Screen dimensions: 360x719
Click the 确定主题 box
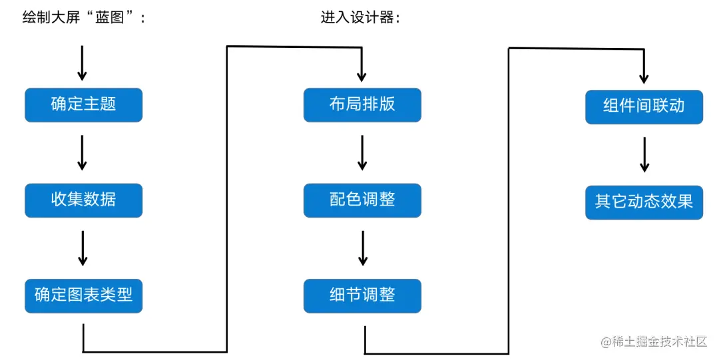click(83, 104)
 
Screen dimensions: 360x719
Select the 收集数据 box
click(83, 200)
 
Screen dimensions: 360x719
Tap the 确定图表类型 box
click(83, 295)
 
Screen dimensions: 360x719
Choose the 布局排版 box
click(362, 104)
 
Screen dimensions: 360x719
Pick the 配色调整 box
click(362, 200)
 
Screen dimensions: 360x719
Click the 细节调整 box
click(362, 295)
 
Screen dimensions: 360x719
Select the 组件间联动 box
click(644, 106)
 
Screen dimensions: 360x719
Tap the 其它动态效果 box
click(644, 202)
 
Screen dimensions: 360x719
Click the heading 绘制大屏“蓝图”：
click(84, 18)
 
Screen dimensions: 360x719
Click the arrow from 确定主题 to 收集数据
click(83, 152)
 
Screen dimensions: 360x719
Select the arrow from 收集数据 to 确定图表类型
click(83, 248)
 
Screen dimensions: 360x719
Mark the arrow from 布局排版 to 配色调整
click(362, 152)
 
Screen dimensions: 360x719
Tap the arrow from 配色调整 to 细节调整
click(362, 248)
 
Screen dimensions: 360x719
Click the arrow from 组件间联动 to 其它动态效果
click(644, 155)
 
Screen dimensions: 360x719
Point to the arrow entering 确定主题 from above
click(83, 63)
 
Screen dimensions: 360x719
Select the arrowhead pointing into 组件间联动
click(644, 77)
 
